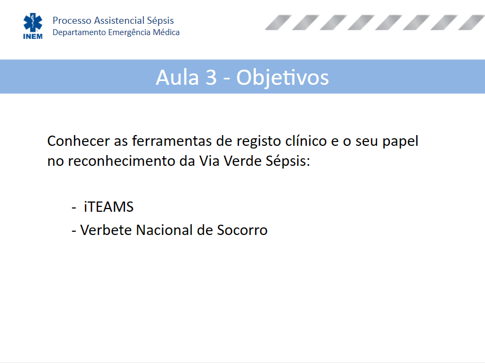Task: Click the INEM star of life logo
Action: [33, 26]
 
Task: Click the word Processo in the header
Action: [72, 21]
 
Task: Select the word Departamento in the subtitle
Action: [79, 32]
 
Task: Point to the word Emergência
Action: [129, 32]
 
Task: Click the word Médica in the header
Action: [166, 32]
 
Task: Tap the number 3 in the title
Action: [211, 77]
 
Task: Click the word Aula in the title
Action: [177, 77]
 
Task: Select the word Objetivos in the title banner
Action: [282, 78]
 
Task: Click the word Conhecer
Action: [78, 141]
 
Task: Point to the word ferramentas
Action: [172, 141]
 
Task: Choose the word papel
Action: [400, 142]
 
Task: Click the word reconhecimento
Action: [122, 161]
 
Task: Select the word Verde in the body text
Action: [243, 161]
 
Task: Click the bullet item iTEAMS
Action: [109, 207]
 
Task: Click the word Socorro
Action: [242, 230]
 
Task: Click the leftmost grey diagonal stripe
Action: [278, 23]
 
